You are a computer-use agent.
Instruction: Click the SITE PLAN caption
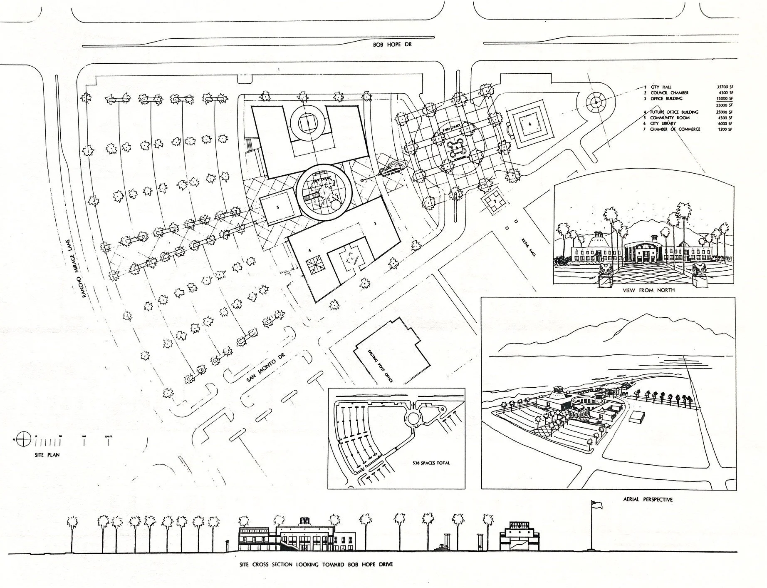pos(47,455)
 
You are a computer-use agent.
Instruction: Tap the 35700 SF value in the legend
pos(724,87)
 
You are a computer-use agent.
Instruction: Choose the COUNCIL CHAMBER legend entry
pos(669,93)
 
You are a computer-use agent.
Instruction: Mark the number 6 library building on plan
pos(529,124)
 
